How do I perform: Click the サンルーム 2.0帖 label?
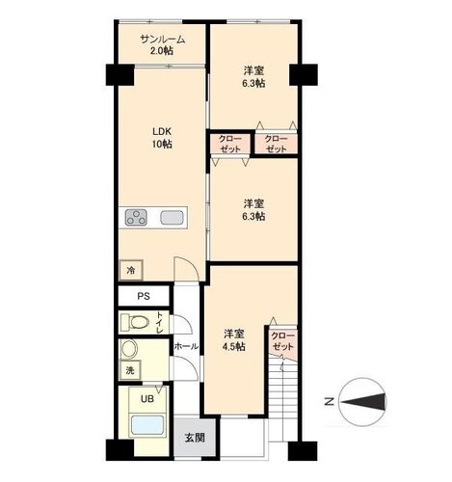pos(163,45)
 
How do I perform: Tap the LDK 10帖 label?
pos(162,138)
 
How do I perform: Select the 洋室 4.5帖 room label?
pos(234,340)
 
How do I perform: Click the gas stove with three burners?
pos(136,217)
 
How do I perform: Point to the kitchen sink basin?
pos(172,217)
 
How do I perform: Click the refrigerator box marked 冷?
pos(131,270)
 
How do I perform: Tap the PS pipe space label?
pos(144,296)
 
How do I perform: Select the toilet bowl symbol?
pos(135,322)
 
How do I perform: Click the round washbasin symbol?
pos(129,348)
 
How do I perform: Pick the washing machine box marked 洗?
pos(130,370)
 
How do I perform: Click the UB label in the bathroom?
pos(147,399)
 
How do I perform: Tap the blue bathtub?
pos(147,425)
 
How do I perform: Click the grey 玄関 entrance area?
pos(195,437)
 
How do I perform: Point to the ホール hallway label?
pos(186,346)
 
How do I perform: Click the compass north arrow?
pos(363,402)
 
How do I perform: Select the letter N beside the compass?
pos(329,402)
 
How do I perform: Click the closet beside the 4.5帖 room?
pos(282,342)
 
